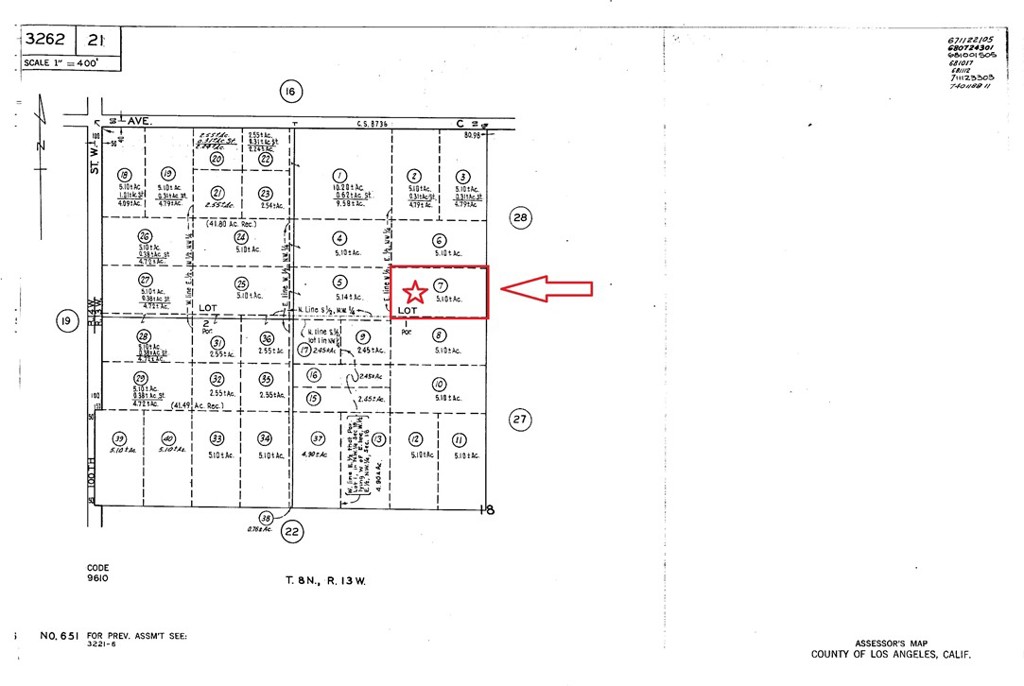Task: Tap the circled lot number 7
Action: coord(440,285)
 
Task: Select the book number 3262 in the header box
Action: coord(47,40)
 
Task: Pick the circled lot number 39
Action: coord(119,439)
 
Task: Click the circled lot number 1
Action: coord(340,174)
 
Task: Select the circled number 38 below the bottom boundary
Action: coord(265,517)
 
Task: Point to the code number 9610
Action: coord(98,578)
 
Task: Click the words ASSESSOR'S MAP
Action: coord(892,643)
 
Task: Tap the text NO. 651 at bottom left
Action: coord(60,636)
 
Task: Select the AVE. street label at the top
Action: coord(139,120)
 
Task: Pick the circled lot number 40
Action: coord(168,439)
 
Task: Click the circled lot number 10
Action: coord(439,384)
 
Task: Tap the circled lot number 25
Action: coord(240,284)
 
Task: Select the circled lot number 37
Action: coord(318,439)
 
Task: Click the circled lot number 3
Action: coord(463,176)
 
